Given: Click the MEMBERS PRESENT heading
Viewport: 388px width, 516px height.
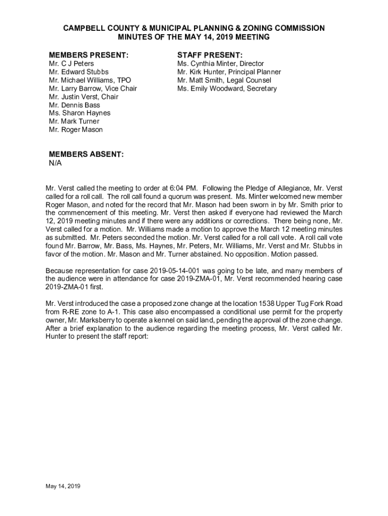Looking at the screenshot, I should pos(88,54).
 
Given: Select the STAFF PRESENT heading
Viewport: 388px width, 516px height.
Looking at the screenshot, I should pos(210,54).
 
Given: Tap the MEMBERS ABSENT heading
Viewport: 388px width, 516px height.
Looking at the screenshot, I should pos(86,154).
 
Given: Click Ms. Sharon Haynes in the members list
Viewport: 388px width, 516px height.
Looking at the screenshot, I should pos(80,113).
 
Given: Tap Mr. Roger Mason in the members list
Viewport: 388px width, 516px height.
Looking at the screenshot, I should pos(76,130).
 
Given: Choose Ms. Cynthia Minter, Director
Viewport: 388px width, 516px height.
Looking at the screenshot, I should pos(220,64).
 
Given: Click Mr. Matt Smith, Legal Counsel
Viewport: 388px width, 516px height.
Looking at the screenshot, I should pos(224,80).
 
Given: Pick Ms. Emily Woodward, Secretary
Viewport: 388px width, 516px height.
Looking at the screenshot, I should pos(227,89).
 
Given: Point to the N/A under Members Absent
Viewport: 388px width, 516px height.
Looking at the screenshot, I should pos(55,163).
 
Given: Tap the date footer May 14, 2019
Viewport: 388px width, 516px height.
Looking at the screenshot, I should pos(63,486).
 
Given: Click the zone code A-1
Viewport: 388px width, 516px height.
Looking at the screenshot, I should pos(105,312).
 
